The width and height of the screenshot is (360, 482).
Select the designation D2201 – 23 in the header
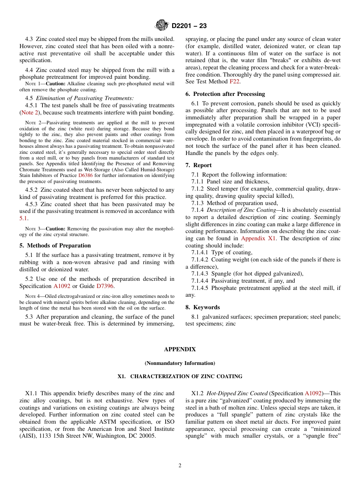[x=189, y=26]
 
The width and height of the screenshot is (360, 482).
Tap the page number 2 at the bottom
[x=180, y=466]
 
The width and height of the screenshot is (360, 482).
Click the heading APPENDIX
[x=180, y=349]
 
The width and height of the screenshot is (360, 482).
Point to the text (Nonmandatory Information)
[x=180, y=363]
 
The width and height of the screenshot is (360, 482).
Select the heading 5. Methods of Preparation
[x=55, y=246]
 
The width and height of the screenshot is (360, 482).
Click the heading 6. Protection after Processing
[x=225, y=94]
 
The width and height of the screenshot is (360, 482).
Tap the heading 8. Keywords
[x=202, y=307]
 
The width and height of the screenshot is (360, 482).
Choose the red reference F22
[x=235, y=81]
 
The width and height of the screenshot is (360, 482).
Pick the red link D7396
[x=105, y=286]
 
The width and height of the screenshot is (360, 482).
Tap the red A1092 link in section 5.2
[x=62, y=286]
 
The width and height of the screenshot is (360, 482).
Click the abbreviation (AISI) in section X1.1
[x=30, y=436]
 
